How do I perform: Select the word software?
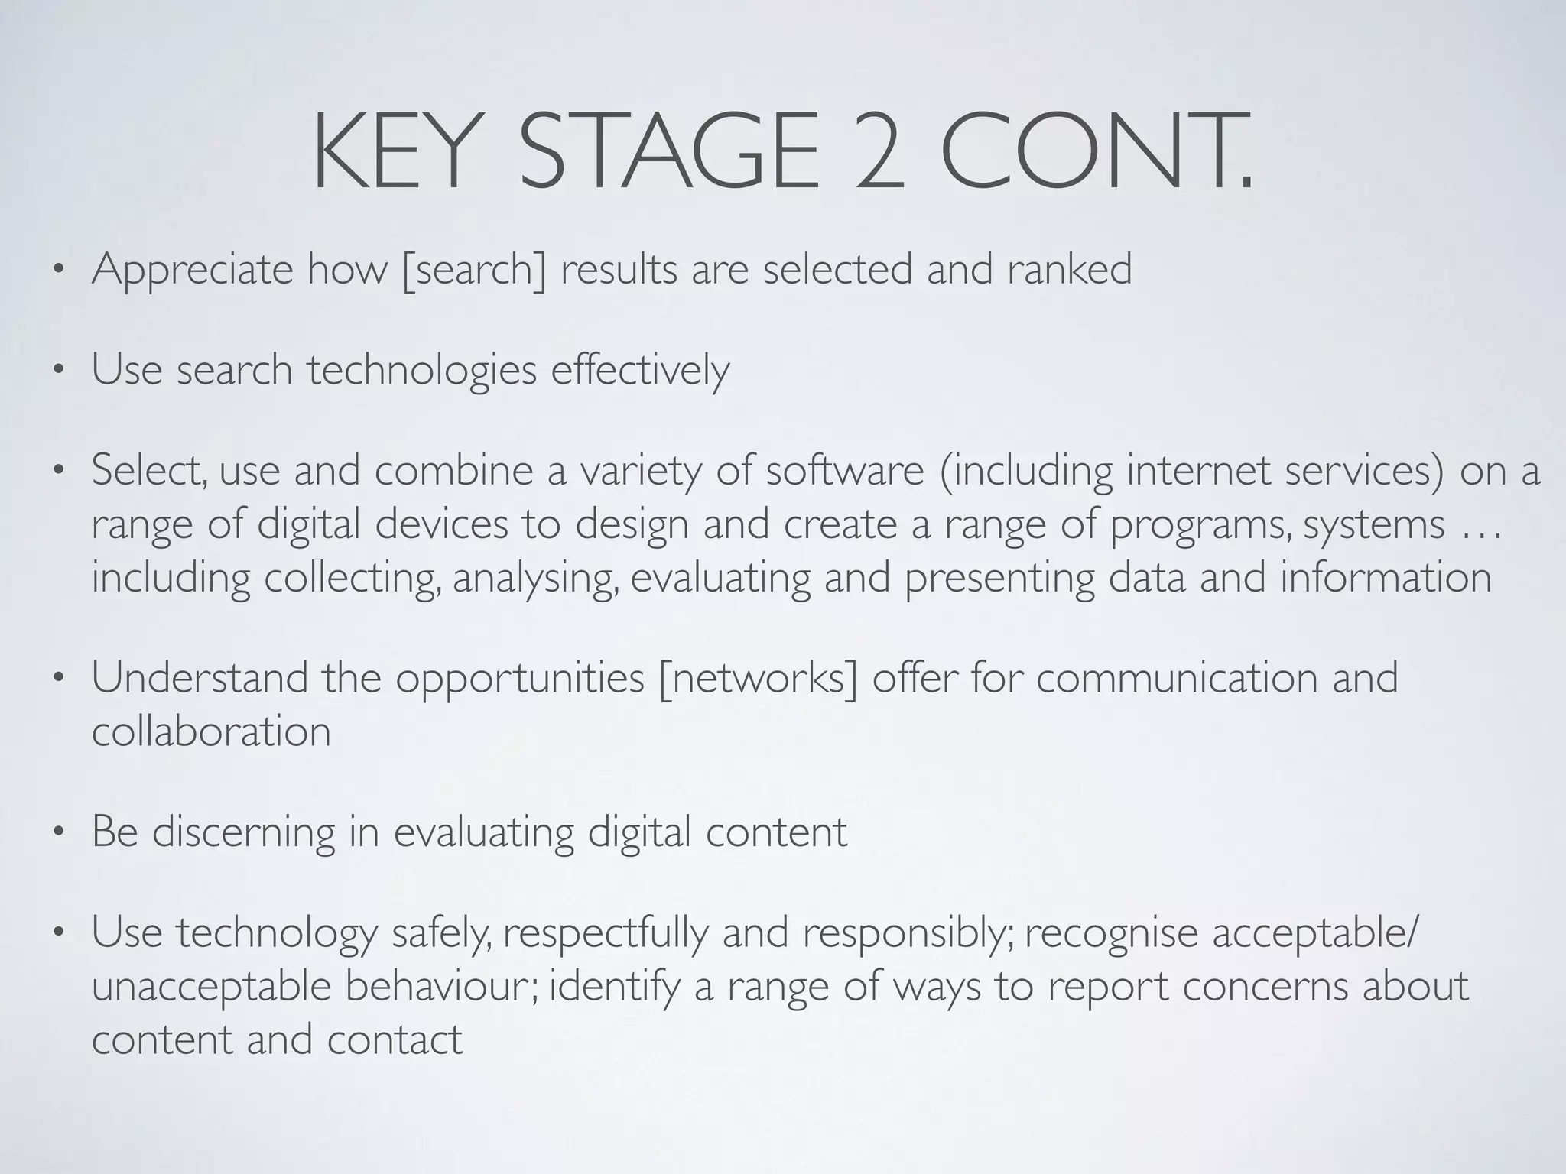point(845,471)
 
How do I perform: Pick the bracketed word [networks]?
point(758,679)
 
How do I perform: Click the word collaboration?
point(211,732)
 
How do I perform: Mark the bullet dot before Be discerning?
point(57,834)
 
